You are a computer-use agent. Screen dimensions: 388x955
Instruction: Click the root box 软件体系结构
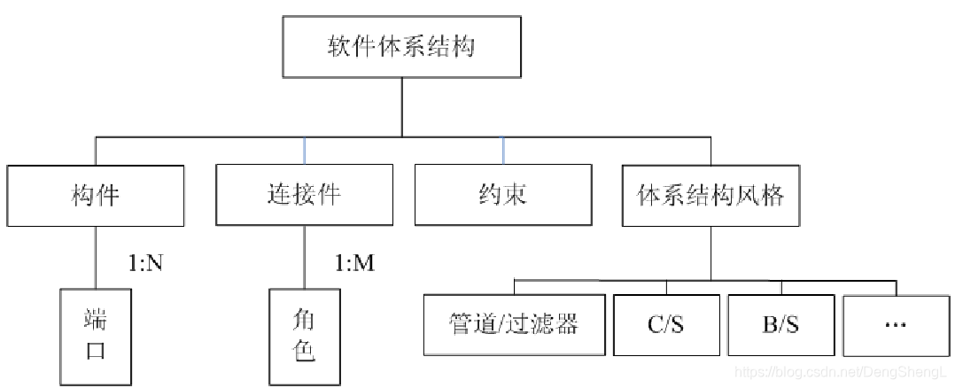[x=401, y=46]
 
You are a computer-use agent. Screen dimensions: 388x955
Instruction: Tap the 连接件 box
[x=303, y=195]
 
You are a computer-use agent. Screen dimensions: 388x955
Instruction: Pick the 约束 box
[x=503, y=195]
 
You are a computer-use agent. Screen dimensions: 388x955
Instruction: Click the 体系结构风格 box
[x=710, y=195]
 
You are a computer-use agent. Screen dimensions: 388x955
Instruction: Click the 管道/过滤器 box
[x=514, y=324]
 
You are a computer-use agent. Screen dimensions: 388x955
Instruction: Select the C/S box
[x=666, y=324]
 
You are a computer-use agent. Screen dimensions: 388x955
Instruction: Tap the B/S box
[x=780, y=324]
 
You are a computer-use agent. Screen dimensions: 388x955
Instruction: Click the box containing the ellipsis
[x=896, y=324]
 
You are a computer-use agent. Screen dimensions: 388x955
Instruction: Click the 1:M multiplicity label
[x=355, y=264]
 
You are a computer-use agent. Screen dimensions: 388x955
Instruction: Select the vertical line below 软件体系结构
[x=401, y=106]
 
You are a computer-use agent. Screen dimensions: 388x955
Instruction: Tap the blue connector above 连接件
[x=304, y=151]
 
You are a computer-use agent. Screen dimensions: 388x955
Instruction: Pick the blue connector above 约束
[x=503, y=151]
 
